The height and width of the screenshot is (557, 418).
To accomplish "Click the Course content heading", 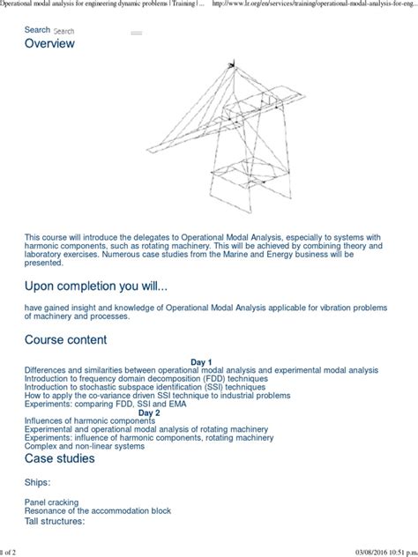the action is pyautogui.click(x=65, y=339).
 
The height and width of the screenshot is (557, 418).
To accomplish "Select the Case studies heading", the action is pyautogui.click(x=62, y=459).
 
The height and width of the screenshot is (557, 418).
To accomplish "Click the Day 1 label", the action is pyautogui.click(x=202, y=361).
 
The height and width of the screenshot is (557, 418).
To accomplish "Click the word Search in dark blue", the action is pyautogui.click(x=37, y=29).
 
